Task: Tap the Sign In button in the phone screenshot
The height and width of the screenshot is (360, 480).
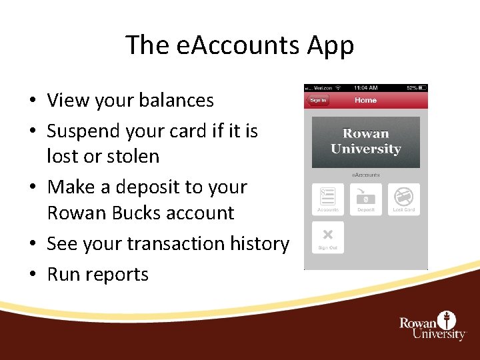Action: tap(317, 100)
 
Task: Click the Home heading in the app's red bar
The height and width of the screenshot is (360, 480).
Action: tap(365, 100)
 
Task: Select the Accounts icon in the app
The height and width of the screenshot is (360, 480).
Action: tap(328, 197)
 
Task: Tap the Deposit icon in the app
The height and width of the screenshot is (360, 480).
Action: tap(366, 197)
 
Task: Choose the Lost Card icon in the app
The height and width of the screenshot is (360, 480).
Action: tap(403, 197)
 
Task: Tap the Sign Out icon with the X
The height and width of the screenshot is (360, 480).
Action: tap(328, 236)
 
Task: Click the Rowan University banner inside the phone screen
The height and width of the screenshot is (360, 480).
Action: tap(365, 142)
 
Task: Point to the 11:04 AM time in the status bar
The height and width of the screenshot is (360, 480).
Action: tap(365, 87)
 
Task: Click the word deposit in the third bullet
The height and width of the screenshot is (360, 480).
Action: tap(143, 187)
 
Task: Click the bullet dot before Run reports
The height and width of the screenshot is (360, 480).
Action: tap(32, 275)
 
